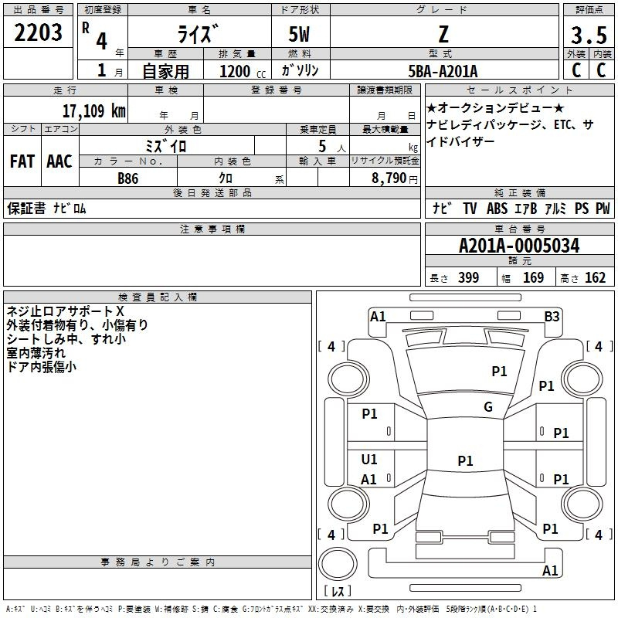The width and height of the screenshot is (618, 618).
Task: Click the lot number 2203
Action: tap(38, 32)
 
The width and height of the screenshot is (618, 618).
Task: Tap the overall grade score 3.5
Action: tap(589, 36)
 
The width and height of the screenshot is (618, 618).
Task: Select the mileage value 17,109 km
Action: tap(94, 111)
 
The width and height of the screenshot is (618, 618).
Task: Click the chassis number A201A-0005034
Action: tap(519, 246)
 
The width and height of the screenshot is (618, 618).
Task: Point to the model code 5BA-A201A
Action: tap(443, 71)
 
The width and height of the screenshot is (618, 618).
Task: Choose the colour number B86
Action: tap(128, 178)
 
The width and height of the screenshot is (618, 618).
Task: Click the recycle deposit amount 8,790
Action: tap(389, 178)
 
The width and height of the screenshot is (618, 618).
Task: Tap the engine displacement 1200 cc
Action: tap(243, 71)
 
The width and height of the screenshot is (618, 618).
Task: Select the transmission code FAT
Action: tap(22, 161)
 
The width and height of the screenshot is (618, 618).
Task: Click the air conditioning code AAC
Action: tap(59, 161)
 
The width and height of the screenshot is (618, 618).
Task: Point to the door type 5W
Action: tap(299, 34)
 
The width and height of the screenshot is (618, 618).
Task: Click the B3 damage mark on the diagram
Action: tap(552, 317)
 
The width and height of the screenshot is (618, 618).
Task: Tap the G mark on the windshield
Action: tap(488, 406)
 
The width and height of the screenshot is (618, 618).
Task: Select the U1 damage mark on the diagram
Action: tap(369, 459)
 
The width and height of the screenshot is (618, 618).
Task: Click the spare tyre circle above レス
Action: tap(338, 564)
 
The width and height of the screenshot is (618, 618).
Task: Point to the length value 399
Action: tap(469, 277)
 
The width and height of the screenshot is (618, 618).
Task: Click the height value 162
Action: tap(595, 277)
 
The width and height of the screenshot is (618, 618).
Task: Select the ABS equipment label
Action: tap(497, 209)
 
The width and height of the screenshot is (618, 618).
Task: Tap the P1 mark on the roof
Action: tap(465, 460)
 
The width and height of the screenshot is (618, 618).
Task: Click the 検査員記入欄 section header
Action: tap(158, 297)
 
